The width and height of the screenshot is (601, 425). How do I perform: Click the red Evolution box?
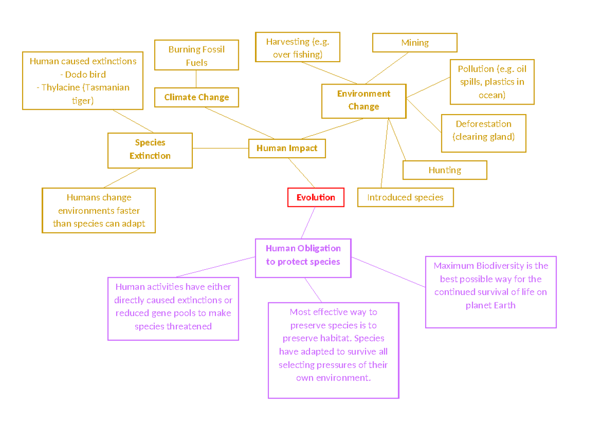tap(316, 197)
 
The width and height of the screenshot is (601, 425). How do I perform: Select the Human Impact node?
tap(287, 148)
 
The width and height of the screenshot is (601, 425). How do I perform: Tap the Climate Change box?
tap(196, 98)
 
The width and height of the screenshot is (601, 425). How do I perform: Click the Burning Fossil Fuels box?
tap(196, 56)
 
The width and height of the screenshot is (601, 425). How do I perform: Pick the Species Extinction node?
tap(150, 150)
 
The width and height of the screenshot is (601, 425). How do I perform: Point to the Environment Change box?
tap(364, 100)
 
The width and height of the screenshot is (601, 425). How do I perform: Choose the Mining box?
tap(415, 43)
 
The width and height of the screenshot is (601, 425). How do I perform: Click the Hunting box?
tap(445, 170)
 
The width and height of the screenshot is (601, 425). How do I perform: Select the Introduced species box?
tap(405, 197)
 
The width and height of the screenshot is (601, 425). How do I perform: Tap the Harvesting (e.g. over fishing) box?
tap(297, 48)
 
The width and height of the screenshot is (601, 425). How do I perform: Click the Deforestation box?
tap(483, 130)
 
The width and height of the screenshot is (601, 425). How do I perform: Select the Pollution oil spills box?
tap(492, 82)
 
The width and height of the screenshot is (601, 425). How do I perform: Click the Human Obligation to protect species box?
tap(303, 255)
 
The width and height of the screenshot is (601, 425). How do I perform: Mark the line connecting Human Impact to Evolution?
tap(302, 173)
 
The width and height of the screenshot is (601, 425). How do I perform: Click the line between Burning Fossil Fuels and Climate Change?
tap(196, 79)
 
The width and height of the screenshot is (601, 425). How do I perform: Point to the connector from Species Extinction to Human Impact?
tap(220, 148)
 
